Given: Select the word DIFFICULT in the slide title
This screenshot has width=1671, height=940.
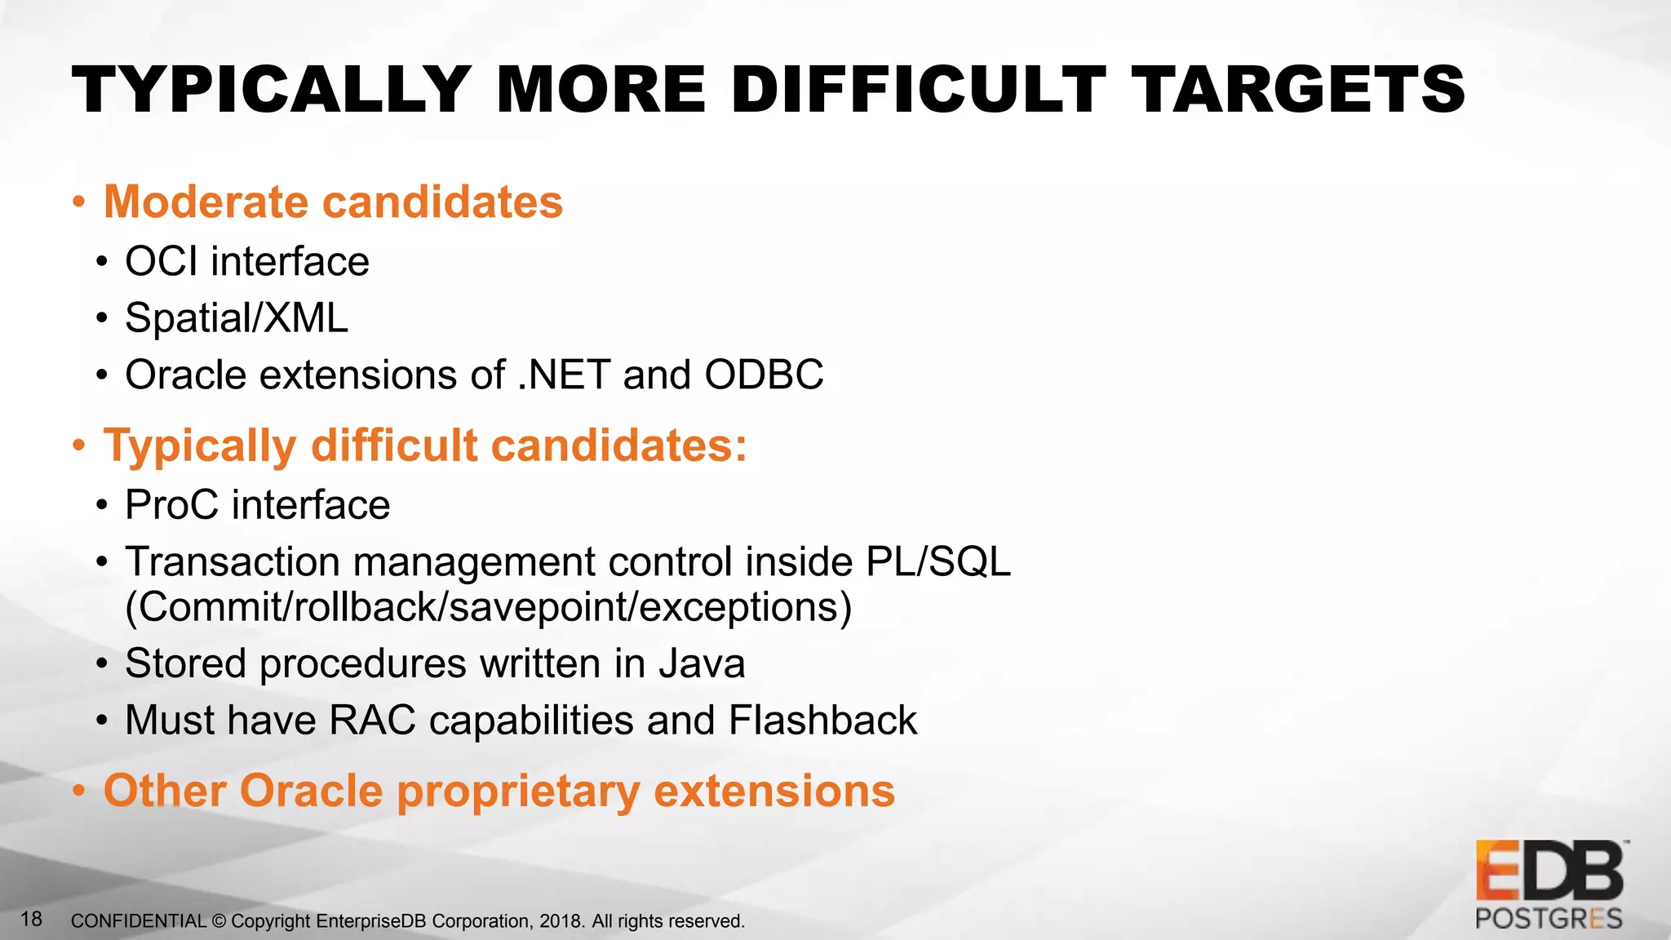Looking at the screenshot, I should (919, 90).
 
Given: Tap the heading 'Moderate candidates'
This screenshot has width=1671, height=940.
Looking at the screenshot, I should (333, 202).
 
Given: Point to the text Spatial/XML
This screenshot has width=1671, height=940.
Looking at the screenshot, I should (237, 318).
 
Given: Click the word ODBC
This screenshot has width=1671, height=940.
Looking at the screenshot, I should (764, 375).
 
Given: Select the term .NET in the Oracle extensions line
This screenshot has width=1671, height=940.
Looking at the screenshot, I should (564, 375).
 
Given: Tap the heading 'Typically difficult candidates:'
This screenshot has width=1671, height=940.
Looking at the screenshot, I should (425, 446).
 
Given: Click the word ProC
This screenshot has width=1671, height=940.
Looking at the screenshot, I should (171, 505).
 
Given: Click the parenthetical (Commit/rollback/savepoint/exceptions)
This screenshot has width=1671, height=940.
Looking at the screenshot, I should (488, 607).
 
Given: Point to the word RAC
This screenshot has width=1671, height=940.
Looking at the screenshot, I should (372, 721).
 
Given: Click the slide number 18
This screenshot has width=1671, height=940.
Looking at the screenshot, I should (31, 920).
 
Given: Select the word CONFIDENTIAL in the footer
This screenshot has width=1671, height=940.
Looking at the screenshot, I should (139, 921).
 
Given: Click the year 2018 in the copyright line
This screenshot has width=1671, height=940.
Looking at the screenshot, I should (561, 921).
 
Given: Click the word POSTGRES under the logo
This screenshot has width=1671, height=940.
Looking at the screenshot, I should (1549, 919).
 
